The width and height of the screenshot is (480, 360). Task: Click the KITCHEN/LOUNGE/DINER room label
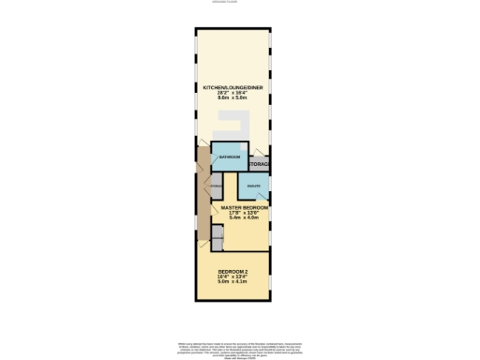(233, 88)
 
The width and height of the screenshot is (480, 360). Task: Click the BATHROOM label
(230, 157)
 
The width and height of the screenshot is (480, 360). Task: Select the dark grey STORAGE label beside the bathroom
(260, 165)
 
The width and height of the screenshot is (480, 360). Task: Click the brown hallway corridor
(202, 202)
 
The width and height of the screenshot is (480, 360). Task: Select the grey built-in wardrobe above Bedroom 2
(217, 241)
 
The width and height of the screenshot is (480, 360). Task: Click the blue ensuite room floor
(253, 192)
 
